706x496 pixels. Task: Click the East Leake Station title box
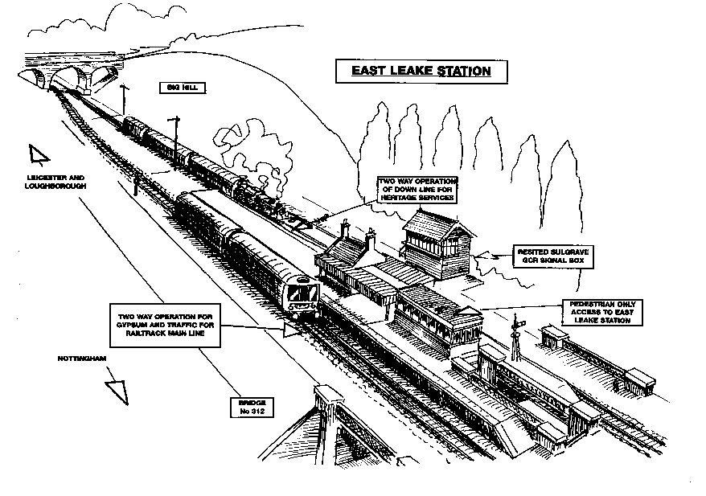[x=421, y=71]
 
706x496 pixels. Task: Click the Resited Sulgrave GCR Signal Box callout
[x=552, y=257]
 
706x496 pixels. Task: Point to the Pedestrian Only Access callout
[x=603, y=312]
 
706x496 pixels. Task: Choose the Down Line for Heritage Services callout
[x=417, y=187]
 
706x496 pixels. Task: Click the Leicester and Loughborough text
[x=55, y=181]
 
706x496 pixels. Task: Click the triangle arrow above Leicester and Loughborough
[x=37, y=154]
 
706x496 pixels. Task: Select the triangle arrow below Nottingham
[x=118, y=388]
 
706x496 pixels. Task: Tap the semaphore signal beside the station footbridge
[x=515, y=336]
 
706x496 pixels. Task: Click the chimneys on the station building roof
[x=357, y=234]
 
